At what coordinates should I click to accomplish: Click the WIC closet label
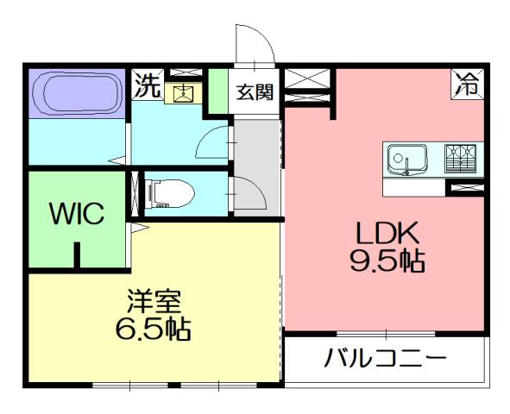[x=77, y=213]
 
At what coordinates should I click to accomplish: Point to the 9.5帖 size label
[x=388, y=260]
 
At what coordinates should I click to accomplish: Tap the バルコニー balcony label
[x=385, y=358]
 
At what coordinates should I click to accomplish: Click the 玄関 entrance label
[x=256, y=91]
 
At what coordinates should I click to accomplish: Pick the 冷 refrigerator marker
[x=466, y=85]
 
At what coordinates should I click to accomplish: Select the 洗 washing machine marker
[x=147, y=85]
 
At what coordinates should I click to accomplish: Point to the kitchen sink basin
[x=406, y=160]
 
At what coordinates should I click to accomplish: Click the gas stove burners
[x=462, y=159]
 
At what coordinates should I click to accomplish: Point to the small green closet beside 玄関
[x=219, y=93]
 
